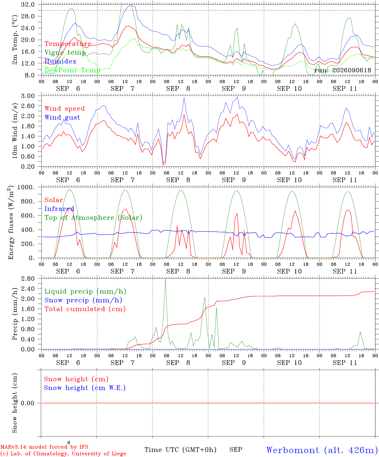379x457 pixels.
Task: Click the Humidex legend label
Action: pos(60,61)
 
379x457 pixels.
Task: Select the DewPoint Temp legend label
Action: pos(72,70)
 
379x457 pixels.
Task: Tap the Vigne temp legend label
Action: pos(65,53)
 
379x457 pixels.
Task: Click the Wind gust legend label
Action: pos(63,117)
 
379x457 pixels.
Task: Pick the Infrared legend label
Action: pos(59,209)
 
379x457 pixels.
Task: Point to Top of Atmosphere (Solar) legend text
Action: pos(94,218)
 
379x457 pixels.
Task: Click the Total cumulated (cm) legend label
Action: pos(85,309)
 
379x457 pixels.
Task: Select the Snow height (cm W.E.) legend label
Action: pos(85,388)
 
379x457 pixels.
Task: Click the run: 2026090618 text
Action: pos(342,70)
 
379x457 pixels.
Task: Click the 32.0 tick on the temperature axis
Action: pos(28,4)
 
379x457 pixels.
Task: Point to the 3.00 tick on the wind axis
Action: pos(28,96)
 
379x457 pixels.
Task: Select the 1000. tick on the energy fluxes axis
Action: pos(26,187)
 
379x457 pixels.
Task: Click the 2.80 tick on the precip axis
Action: pos(28,279)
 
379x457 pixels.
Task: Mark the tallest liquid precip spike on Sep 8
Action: pos(165,279)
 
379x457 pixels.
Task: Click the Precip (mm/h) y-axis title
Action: pos(15,314)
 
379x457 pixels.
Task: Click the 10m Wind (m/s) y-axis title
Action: pos(15,131)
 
